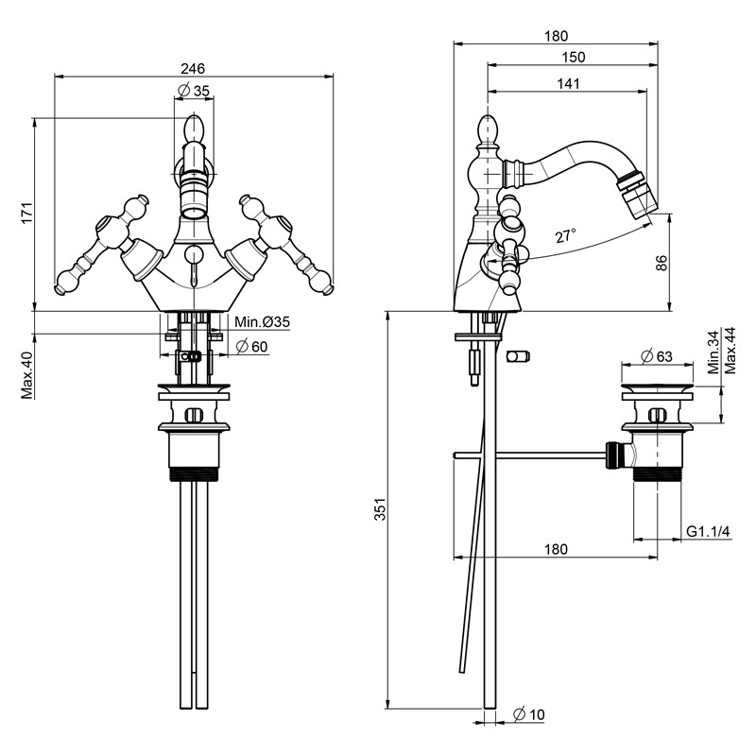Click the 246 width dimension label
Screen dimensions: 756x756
193,68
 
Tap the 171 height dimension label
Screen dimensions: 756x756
27,212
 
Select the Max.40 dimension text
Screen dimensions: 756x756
27,375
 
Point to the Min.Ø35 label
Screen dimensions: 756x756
263,321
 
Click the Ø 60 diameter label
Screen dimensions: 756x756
251,347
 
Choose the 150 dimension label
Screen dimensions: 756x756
574,57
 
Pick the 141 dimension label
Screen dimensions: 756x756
569,83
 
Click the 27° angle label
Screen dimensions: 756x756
565,236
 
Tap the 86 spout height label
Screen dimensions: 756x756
662,263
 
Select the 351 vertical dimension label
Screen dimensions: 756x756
381,509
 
